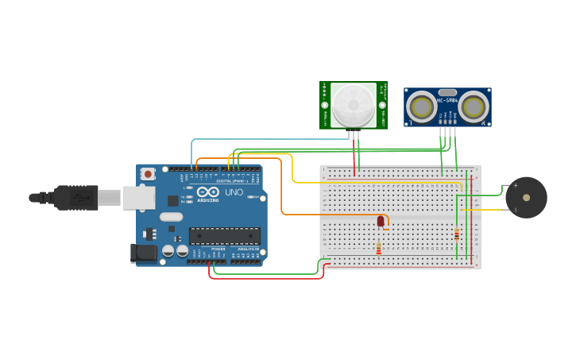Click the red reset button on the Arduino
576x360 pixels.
[x=148, y=173]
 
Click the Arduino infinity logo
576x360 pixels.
[x=209, y=192]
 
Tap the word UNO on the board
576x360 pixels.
[x=234, y=192]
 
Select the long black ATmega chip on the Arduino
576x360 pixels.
[x=224, y=235]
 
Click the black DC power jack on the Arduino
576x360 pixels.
[x=143, y=253]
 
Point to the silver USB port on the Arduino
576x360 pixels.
[x=137, y=198]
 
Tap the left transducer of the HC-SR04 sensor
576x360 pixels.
[x=420, y=106]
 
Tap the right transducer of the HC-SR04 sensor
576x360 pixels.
[x=474, y=106]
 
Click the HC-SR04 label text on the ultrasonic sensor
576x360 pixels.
[x=447, y=101]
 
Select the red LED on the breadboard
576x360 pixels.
[x=381, y=221]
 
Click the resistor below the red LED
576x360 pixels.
[x=378, y=249]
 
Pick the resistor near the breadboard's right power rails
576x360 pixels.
[x=456, y=234]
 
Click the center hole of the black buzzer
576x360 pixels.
[x=526, y=197]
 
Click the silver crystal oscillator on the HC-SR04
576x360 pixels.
[x=447, y=92]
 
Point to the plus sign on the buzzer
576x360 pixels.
[x=515, y=186]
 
